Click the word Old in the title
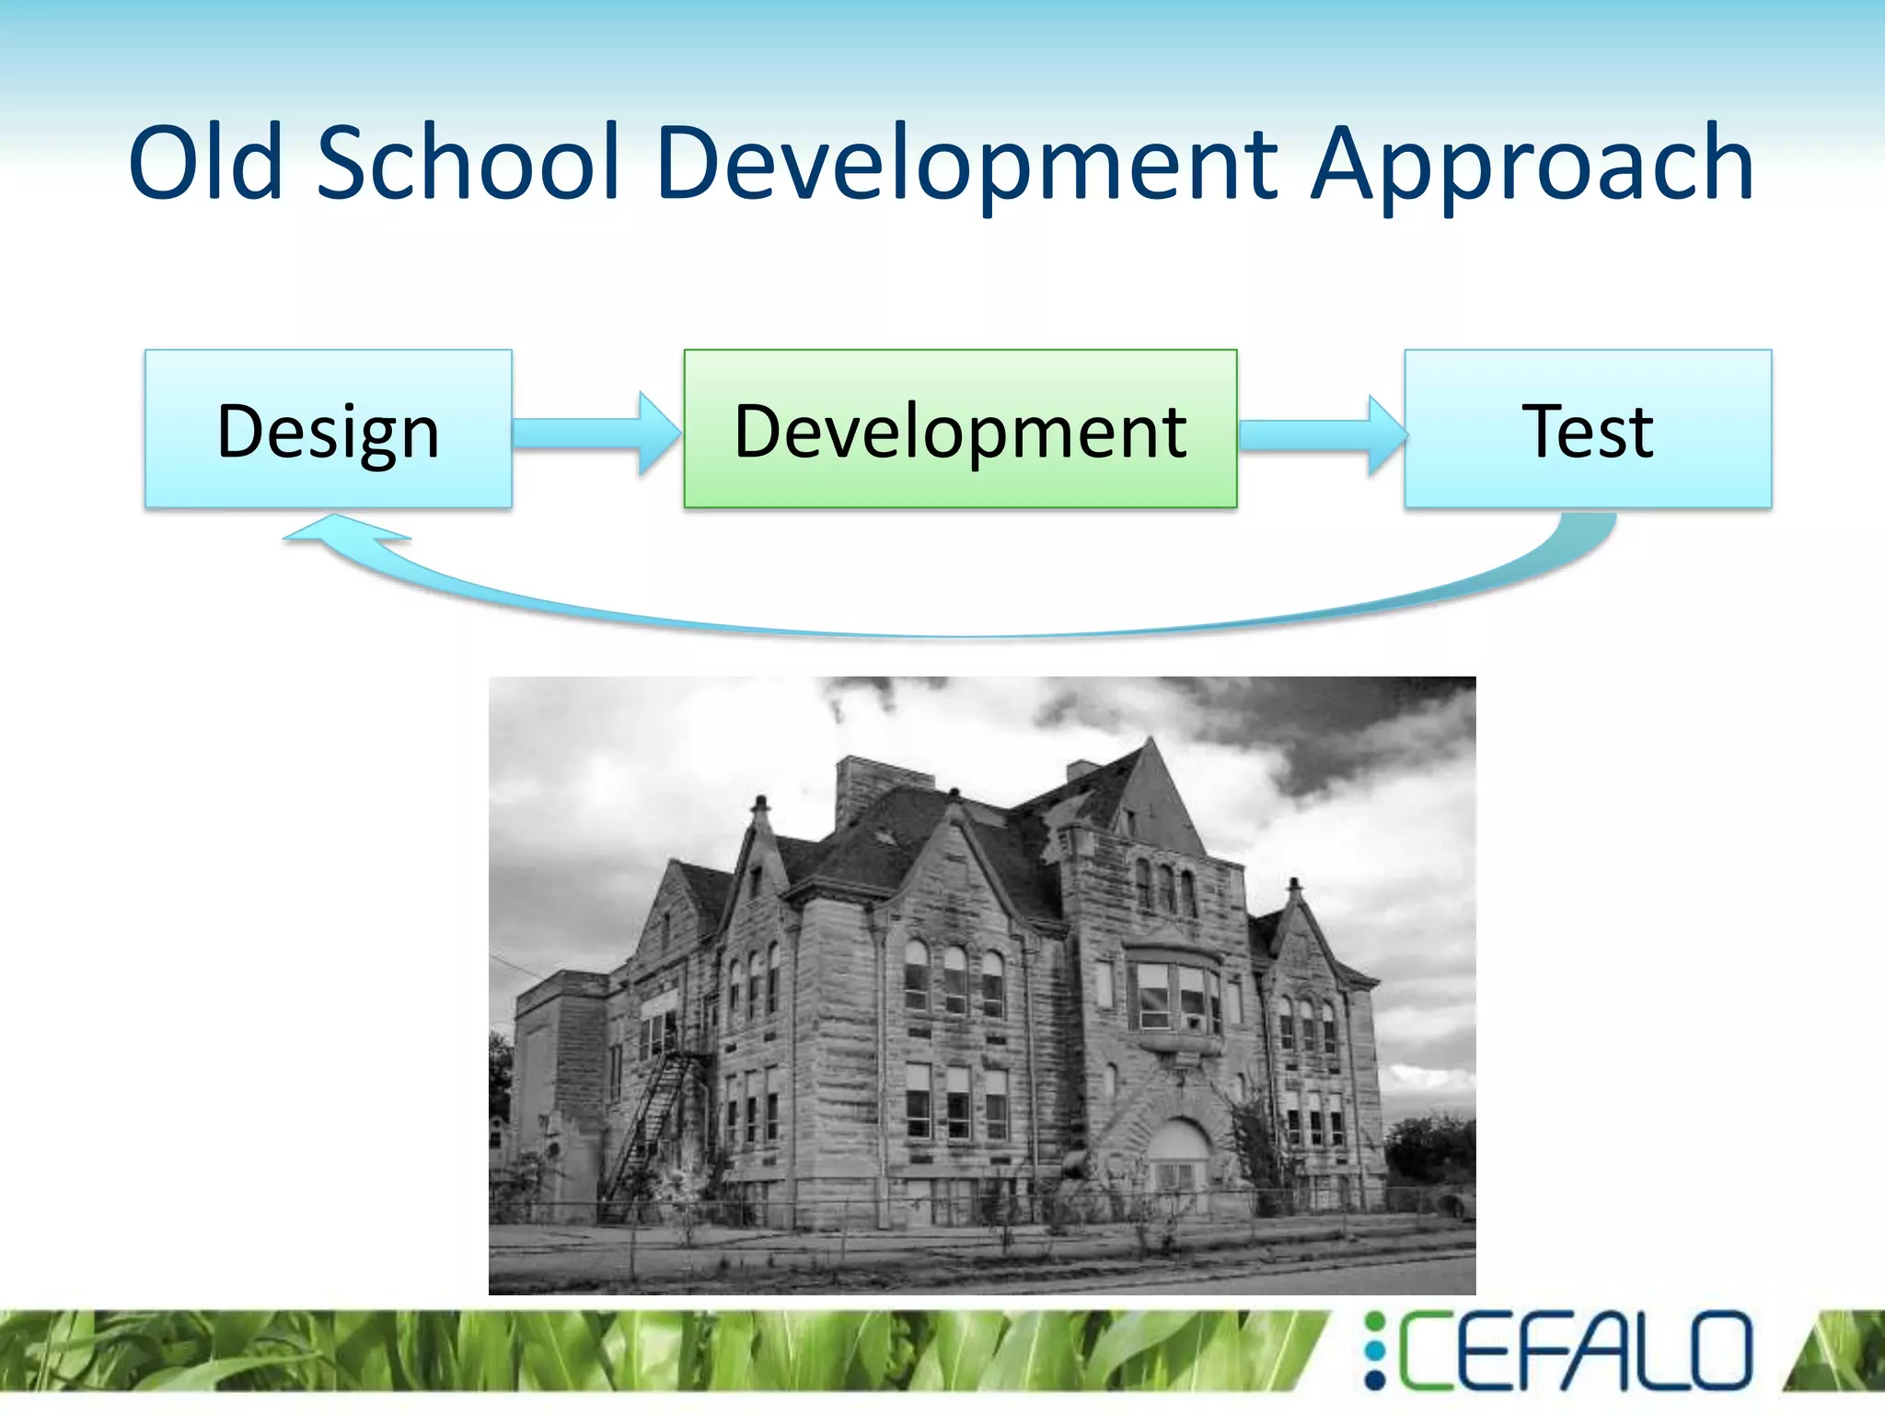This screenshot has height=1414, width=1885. click(205, 163)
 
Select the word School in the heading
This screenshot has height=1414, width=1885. click(468, 163)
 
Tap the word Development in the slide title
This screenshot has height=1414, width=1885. click(967, 163)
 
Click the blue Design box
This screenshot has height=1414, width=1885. click(329, 429)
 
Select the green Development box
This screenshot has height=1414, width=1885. click(960, 429)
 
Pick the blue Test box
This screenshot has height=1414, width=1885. click(1588, 429)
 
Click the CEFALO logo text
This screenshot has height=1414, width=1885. click(1574, 1350)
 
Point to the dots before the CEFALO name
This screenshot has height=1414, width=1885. click(1374, 1350)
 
